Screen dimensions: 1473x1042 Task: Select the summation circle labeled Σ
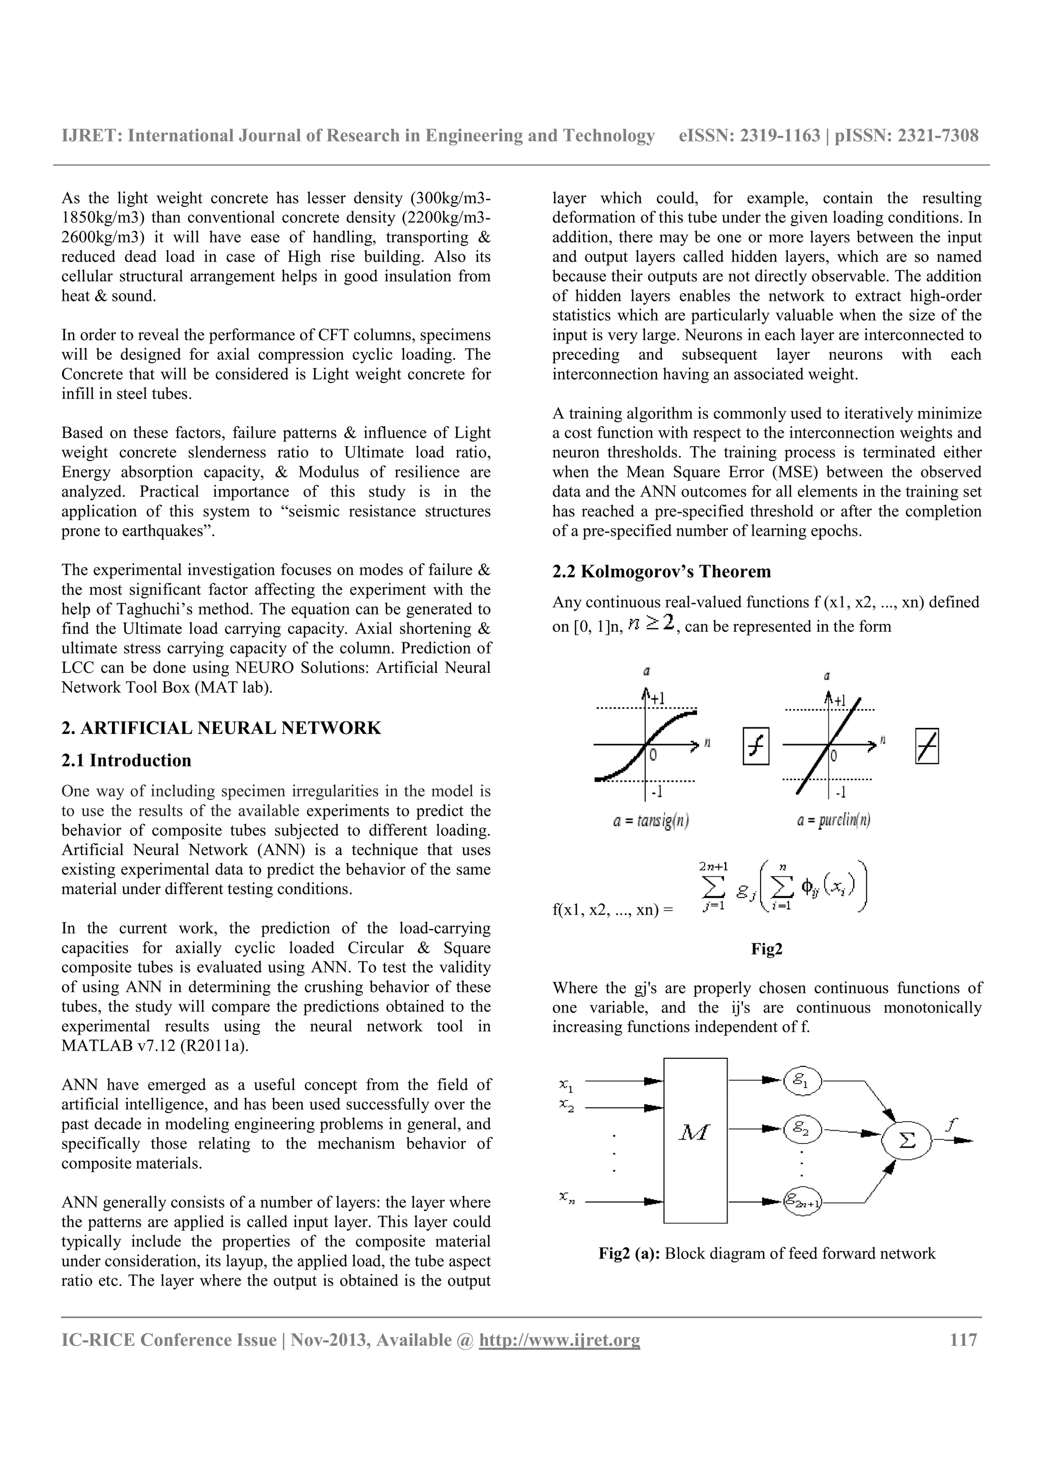907,1141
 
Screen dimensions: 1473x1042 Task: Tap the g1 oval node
802,1081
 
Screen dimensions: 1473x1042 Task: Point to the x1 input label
566,1085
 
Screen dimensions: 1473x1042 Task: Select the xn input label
566,1196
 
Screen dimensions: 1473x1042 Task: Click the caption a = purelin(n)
834,820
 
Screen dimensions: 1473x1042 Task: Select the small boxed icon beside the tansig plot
756,746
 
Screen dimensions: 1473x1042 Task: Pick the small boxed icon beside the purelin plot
927,746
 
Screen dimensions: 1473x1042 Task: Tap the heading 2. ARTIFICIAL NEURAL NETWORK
221,728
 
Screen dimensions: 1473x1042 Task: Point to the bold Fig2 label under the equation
767,949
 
